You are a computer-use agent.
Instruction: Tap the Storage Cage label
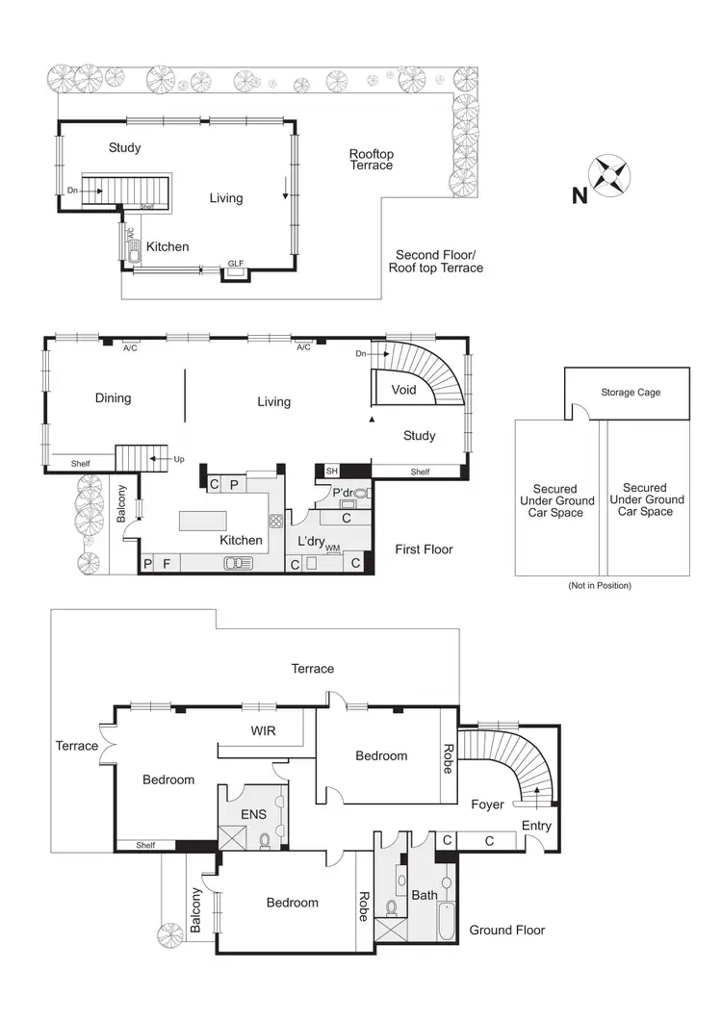pos(631,393)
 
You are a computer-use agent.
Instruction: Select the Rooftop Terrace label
pos(371,160)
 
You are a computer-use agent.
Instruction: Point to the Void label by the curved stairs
pos(404,390)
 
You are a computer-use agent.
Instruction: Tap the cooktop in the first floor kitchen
pos(275,522)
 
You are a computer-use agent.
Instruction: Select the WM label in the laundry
pos(332,548)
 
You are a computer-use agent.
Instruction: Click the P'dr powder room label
pos(344,494)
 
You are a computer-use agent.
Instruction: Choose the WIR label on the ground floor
pos(263,731)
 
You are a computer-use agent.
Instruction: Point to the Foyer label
pos(487,804)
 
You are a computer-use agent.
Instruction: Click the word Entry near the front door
pos(536,827)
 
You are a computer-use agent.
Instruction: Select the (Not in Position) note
pos(601,585)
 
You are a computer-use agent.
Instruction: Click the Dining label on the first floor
pos(113,398)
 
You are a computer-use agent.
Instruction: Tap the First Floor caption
pos(424,549)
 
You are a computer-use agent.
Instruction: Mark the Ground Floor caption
pos(506,930)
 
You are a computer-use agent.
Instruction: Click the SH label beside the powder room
pos(332,471)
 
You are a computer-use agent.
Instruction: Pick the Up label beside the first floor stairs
pos(179,460)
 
